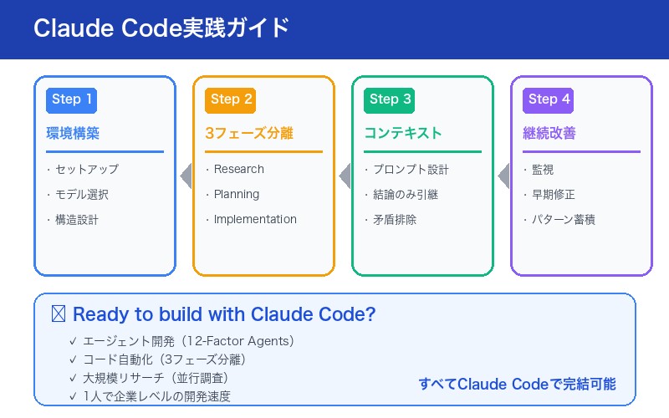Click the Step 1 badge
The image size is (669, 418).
71,99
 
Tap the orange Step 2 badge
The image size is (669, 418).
230,99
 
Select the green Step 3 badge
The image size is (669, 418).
389,99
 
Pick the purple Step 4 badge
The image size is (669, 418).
548,99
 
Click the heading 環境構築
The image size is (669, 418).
73,133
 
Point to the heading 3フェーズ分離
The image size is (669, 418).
249,133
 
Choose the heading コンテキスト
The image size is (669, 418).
403,133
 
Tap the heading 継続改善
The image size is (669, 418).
549,133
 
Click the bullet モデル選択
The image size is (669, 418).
81,194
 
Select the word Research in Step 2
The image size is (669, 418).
238,169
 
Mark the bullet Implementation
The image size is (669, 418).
255,219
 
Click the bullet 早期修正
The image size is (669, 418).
553,194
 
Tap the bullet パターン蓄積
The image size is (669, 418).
564,219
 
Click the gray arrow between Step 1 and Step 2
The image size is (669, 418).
186,176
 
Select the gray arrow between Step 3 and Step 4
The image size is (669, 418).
503,176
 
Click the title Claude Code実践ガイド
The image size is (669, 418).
161,28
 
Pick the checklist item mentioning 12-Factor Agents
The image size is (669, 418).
188,341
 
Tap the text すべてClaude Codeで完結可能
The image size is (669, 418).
517,384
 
